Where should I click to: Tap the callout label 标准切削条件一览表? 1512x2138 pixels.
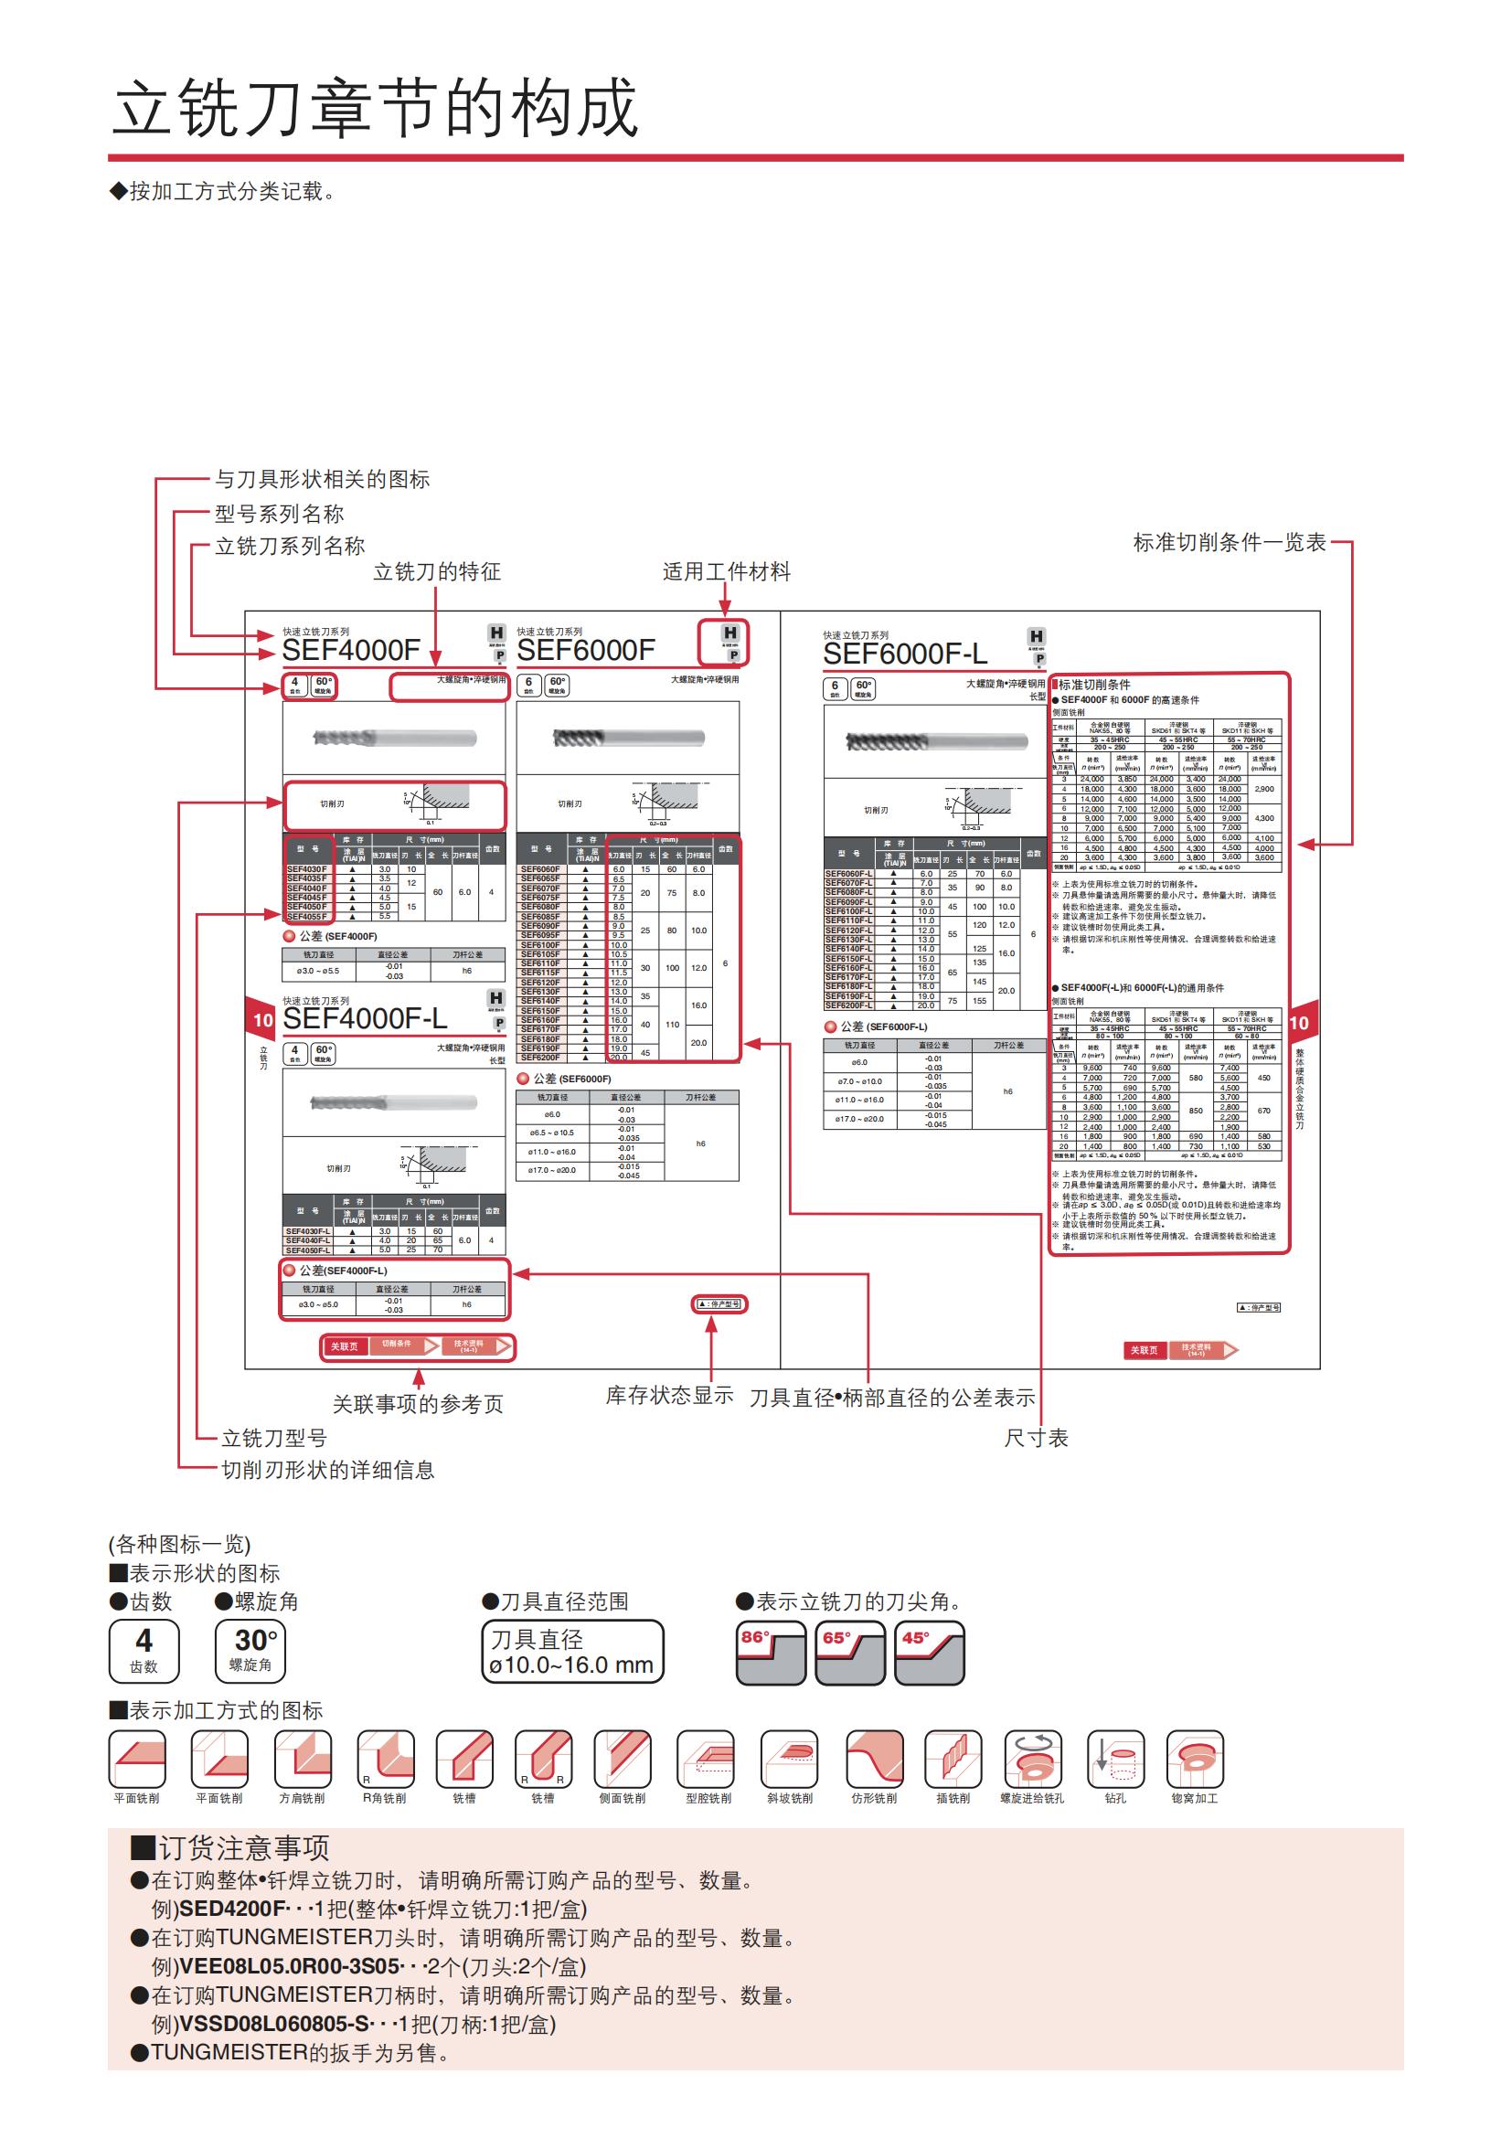[1228, 542]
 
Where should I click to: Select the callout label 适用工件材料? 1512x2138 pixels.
[726, 571]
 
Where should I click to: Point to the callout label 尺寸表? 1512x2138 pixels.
[1036, 1438]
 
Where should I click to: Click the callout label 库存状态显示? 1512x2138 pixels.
[669, 1395]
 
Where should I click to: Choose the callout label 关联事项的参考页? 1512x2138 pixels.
[418, 1403]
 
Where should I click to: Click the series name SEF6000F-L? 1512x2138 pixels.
[904, 654]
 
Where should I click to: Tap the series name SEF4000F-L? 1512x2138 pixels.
[364, 1018]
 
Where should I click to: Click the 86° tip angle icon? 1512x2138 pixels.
[770, 1653]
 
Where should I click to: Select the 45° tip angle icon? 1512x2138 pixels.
[929, 1653]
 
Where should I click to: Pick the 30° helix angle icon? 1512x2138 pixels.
[250, 1651]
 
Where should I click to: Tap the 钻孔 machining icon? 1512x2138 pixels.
[1114, 1760]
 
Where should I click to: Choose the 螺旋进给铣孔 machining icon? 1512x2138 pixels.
[1031, 1760]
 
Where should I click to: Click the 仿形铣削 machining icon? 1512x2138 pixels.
[873, 1760]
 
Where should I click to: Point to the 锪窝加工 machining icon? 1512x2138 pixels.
[1195, 1760]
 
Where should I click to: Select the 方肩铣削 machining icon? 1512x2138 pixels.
[303, 1760]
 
